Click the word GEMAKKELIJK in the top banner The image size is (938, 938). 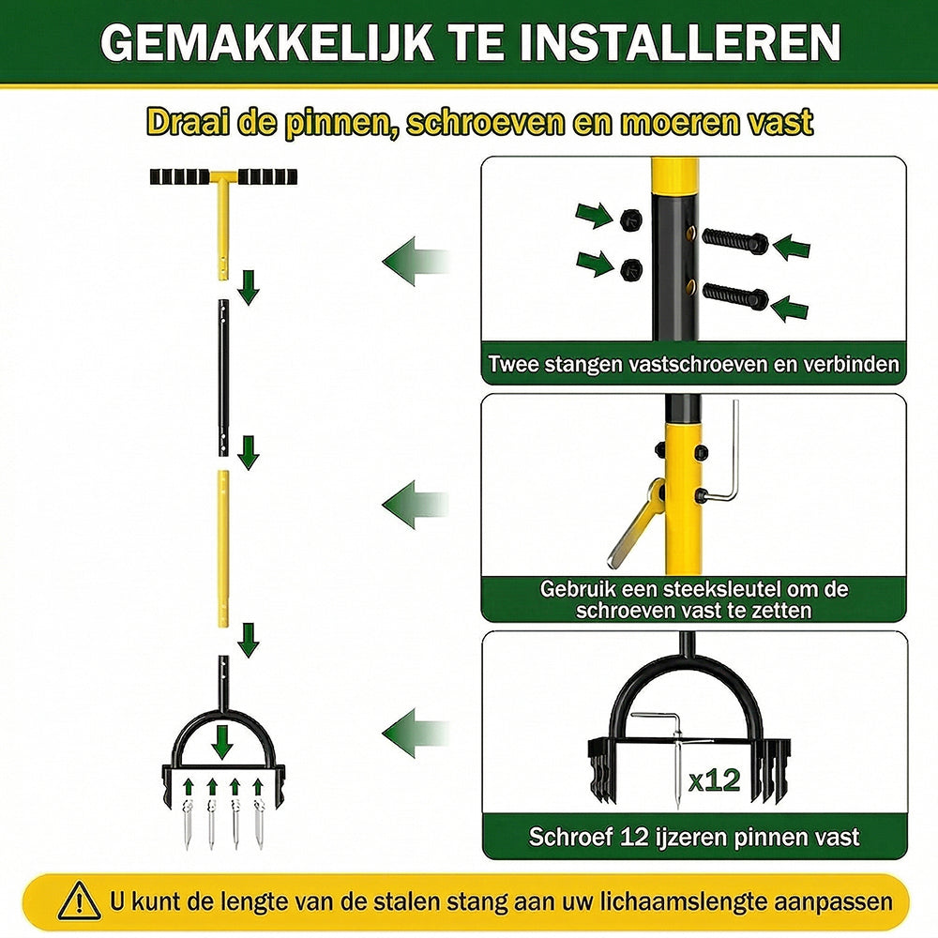click(266, 42)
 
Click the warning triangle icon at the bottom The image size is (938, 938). click(80, 900)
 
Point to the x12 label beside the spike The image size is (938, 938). click(714, 780)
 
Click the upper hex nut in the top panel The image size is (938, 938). click(631, 220)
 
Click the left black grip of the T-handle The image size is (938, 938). click(179, 177)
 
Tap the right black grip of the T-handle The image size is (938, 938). click(267, 177)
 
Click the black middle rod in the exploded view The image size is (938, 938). click(224, 378)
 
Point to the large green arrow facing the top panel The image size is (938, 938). click(416, 262)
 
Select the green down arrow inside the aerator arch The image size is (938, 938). click(222, 742)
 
